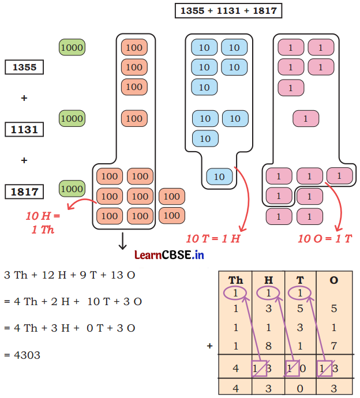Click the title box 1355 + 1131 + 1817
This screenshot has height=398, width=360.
pos(228,10)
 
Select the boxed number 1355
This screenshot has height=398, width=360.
pos(24,67)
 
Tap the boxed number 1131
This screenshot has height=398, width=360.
pos(24,130)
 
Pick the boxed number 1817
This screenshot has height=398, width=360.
pos(24,192)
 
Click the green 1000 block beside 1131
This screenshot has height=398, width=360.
pos(72,119)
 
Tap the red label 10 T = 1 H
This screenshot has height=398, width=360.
pos(213,238)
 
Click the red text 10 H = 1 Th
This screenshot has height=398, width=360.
pos(43,221)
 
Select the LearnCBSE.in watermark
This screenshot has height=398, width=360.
pos(169,254)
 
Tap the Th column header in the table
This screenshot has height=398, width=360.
pos(235,280)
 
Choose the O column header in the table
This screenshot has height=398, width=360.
pos(333,280)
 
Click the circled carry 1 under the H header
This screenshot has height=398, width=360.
pos(268,293)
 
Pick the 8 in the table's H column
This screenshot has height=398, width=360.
pos(268,346)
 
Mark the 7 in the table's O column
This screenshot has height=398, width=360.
pos(333,346)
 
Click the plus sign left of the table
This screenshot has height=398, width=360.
pos(210,346)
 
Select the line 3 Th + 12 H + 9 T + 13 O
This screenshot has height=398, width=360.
pos(70,275)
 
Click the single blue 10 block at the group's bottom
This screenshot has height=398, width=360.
pos(219,177)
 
